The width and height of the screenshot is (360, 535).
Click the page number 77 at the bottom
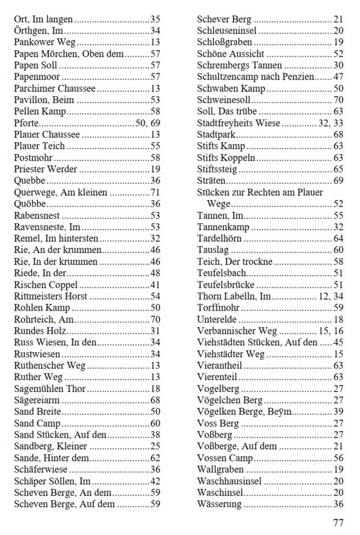coord(338,522)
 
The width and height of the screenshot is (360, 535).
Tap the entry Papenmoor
coord(36,77)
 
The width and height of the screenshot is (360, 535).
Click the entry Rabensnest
coord(37,215)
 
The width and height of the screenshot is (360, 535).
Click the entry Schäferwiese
coord(40,469)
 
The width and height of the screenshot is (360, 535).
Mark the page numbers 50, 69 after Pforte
coord(148,123)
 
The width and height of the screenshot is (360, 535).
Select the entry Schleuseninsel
coord(227,31)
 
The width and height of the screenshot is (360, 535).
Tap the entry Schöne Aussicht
coord(231,54)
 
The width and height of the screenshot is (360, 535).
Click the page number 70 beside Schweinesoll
coord(338,100)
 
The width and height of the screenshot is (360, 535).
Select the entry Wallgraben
coord(220,469)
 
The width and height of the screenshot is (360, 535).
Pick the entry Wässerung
coord(219,504)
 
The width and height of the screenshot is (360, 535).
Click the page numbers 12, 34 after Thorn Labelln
coord(331,296)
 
